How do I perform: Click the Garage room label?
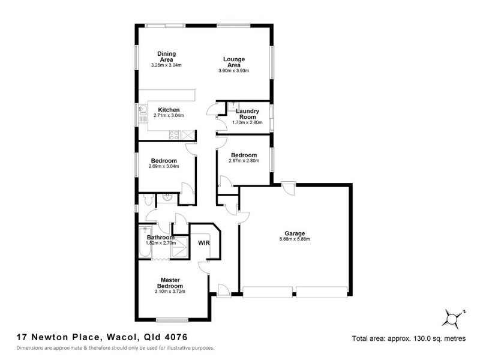click(295, 233)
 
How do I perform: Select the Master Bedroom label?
click(170, 283)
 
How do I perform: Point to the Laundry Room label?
click(247, 114)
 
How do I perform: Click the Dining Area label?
click(166, 56)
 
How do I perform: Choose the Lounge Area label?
click(233, 62)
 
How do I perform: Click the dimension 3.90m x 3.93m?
click(233, 71)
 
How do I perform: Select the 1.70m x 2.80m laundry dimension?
click(247, 123)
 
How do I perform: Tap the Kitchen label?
click(169, 110)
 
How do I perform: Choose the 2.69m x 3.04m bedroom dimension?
click(164, 167)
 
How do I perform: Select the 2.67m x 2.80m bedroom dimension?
click(243, 161)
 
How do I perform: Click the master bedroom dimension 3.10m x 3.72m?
click(170, 292)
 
